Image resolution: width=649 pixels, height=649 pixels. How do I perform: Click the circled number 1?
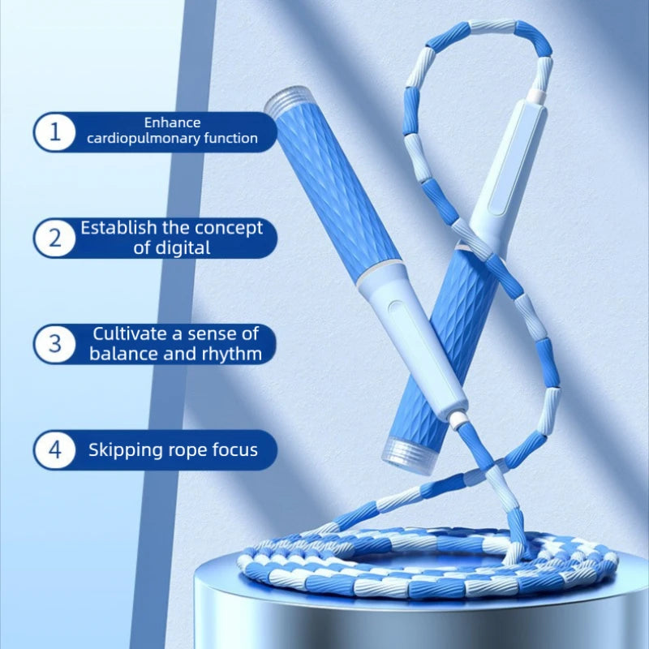pyautogui.click(x=54, y=132)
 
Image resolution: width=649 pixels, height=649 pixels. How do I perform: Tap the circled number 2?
pyautogui.click(x=54, y=238)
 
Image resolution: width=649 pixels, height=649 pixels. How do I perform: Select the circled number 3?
pyautogui.click(x=54, y=343)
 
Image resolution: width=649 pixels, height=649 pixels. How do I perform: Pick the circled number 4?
pyautogui.click(x=54, y=449)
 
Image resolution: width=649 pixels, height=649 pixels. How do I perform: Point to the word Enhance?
pyautogui.click(x=172, y=122)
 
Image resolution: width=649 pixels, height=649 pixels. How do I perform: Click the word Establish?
pyautogui.click(x=118, y=228)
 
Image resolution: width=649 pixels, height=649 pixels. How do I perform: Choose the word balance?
pyautogui.click(x=123, y=354)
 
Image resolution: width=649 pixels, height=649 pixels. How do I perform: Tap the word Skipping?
pyautogui.click(x=127, y=450)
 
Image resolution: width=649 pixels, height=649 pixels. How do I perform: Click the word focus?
pyautogui.click(x=234, y=450)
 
